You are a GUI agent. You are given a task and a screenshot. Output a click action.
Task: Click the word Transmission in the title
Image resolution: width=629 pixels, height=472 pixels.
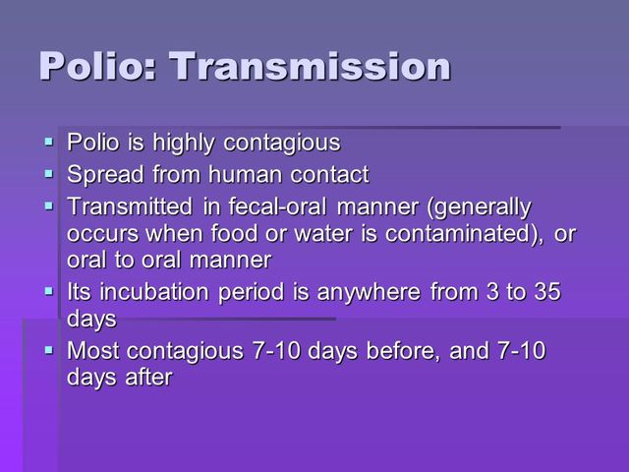click(x=311, y=66)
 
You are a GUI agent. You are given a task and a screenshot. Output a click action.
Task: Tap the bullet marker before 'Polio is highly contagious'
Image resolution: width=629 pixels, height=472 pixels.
click(x=50, y=144)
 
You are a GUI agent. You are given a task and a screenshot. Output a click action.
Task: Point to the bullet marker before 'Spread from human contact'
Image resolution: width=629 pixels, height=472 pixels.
click(x=50, y=176)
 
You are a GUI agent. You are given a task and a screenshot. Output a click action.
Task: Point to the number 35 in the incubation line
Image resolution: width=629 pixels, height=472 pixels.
click(x=545, y=292)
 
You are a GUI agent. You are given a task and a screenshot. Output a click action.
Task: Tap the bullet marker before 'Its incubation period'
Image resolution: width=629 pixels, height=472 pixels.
click(x=50, y=293)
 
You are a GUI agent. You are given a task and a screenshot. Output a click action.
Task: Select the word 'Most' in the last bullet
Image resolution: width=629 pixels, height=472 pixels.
click(x=91, y=350)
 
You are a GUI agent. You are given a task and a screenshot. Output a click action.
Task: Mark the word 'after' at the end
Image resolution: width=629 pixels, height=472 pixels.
click(x=146, y=377)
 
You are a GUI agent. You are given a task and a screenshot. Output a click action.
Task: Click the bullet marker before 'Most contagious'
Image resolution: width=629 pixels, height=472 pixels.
click(x=50, y=351)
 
